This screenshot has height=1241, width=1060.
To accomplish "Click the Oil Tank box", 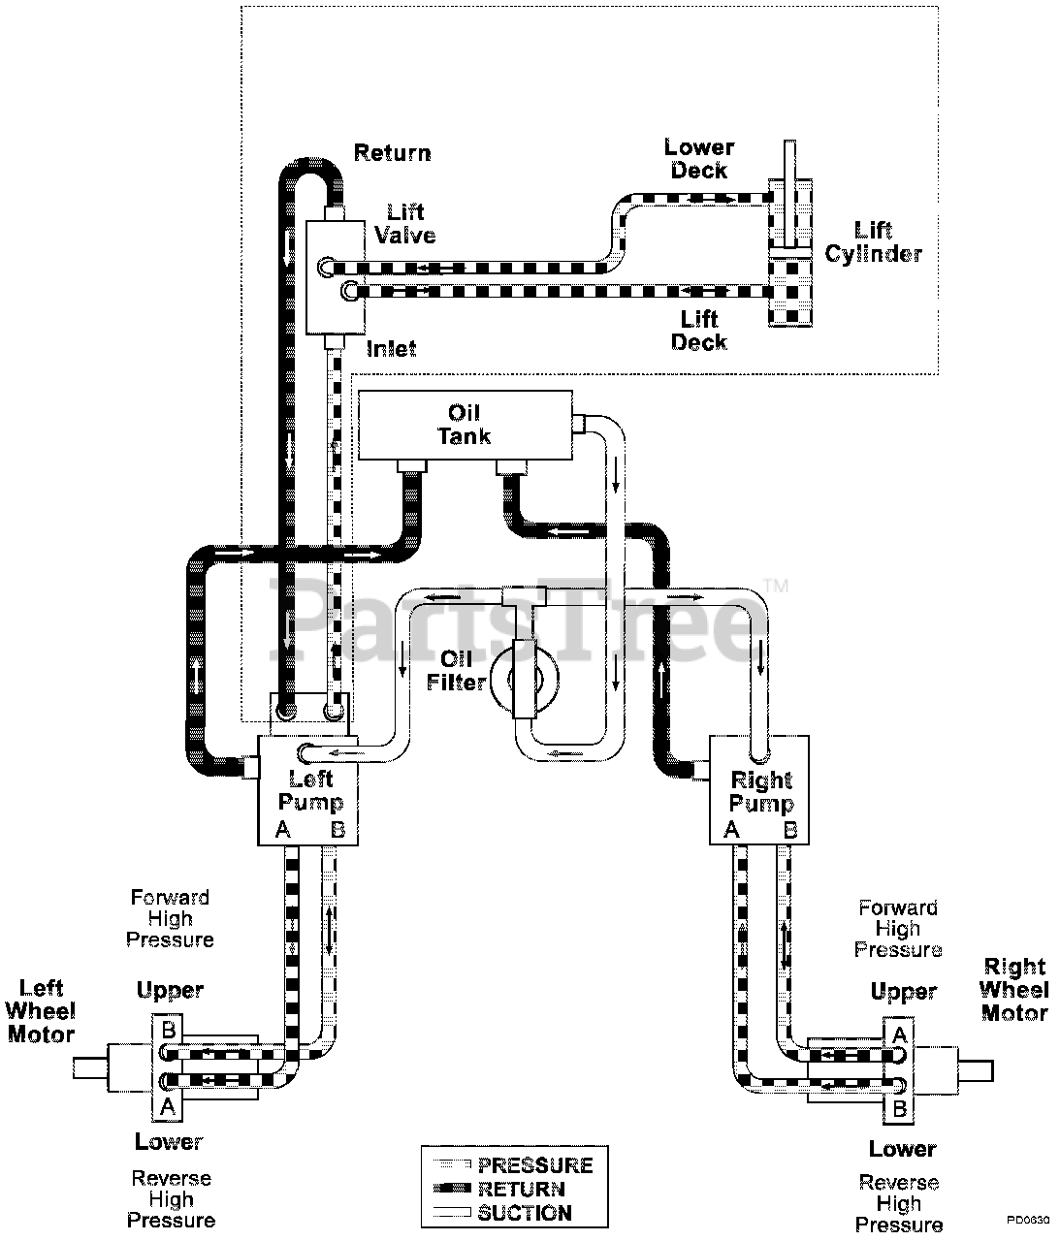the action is [465, 425].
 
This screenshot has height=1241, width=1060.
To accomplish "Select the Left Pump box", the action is [308, 790].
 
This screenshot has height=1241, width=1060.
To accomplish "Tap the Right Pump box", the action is [759, 790].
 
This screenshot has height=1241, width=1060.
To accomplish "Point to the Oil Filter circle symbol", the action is [525, 680].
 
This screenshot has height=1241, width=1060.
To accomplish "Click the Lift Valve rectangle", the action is [336, 277].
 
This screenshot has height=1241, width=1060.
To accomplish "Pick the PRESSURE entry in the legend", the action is [514, 1165].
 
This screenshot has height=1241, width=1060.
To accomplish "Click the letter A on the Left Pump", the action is [283, 829].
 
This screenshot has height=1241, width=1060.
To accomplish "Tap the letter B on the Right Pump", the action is [790, 830].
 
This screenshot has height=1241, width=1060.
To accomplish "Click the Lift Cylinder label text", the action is [873, 242].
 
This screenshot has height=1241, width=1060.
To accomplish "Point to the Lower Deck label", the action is [699, 158].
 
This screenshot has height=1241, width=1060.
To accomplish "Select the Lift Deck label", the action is [699, 331].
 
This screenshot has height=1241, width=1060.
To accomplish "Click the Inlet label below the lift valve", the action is [392, 349].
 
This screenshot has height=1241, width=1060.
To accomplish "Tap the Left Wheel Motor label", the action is [41, 1010].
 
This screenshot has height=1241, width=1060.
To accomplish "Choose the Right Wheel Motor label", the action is [1014, 990].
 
